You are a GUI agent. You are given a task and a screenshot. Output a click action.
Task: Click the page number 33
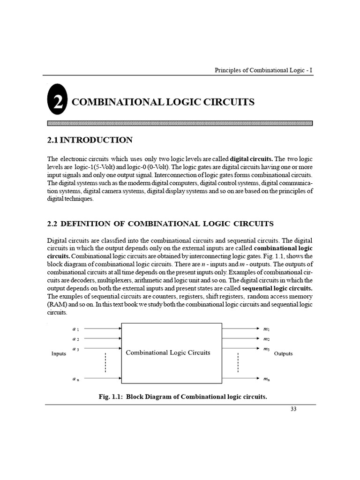coord(294,409)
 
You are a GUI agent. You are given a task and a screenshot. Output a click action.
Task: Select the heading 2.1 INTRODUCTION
coord(90,140)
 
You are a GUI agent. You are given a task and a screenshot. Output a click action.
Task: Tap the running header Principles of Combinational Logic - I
coord(263,70)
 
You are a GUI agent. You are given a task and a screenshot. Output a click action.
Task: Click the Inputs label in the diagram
coord(59,354)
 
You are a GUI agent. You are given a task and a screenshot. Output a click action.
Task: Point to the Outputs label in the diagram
coord(283,354)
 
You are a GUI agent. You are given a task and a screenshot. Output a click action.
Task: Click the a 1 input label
coord(75,329)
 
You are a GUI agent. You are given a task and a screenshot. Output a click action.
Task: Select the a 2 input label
coord(75,338)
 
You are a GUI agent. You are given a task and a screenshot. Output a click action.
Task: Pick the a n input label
coord(75,378)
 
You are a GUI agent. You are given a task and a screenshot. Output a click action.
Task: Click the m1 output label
coord(266,329)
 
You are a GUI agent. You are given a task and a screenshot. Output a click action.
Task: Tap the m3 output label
coord(266,349)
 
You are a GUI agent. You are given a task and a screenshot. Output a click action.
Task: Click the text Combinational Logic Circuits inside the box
coord(168,353)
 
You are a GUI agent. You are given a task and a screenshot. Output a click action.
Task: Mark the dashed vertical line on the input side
coord(105,363)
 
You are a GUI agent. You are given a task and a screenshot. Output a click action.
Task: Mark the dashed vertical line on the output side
coord(238,363)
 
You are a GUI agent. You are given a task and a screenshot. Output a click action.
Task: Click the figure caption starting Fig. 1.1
coord(182,397)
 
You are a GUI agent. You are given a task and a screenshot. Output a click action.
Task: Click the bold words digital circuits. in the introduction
coord(254,159)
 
